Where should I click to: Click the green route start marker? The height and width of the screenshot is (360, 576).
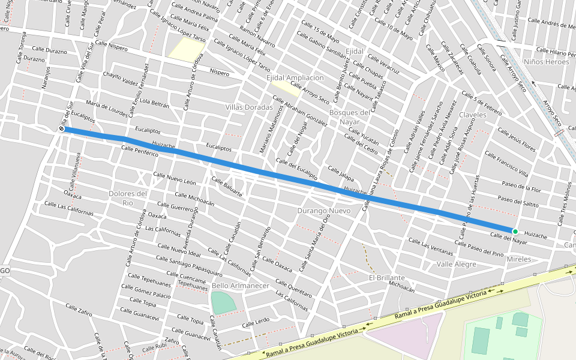pyautogui.click(x=515, y=231)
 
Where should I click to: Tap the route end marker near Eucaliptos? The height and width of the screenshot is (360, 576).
pyautogui.click(x=61, y=128)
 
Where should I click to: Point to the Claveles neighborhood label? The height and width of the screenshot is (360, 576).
pyautogui.click(x=472, y=115)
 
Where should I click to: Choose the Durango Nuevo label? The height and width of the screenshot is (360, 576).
pyautogui.click(x=323, y=211)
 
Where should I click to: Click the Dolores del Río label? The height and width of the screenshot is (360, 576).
pyautogui.click(x=128, y=198)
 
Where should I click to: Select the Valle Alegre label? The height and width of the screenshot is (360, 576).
pyautogui.click(x=456, y=264)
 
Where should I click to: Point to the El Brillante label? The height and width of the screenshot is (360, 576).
pyautogui.click(x=386, y=278)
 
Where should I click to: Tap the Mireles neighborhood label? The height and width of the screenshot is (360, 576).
pyautogui.click(x=519, y=259)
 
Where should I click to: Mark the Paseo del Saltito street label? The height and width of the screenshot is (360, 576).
pyautogui.click(x=518, y=202)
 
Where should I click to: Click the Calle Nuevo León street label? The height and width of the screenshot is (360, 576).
pyautogui.click(x=175, y=178)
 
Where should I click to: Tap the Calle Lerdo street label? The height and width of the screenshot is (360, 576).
pyautogui.click(x=256, y=323)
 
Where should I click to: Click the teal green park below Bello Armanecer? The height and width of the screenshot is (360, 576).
pyautogui.click(x=223, y=302)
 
